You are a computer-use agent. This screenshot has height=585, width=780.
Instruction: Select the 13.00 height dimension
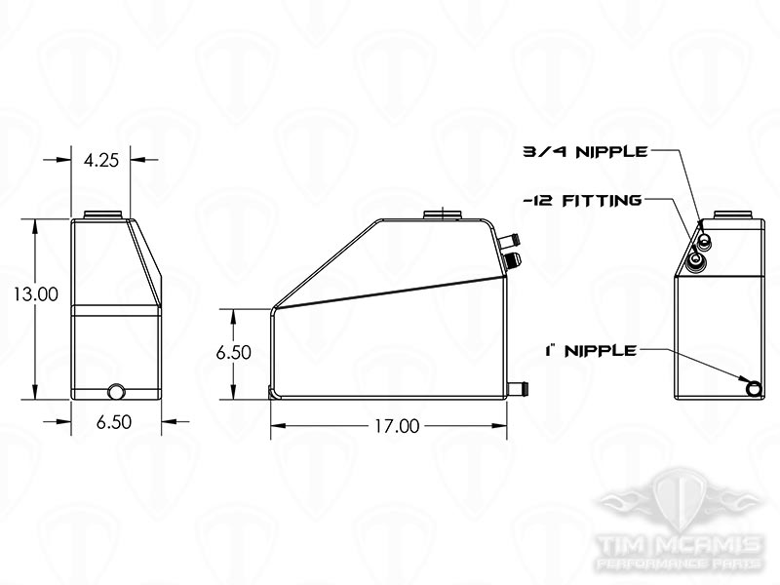tap(36, 293)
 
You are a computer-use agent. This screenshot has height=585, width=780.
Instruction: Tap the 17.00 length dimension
tap(395, 426)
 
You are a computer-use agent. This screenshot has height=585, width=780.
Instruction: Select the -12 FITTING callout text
tap(581, 201)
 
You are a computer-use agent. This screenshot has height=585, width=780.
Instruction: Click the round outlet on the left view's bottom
tap(116, 392)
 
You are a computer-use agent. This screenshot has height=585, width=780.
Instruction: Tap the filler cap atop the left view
tap(102, 214)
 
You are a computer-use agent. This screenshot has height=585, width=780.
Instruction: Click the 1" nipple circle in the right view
tap(754, 388)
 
